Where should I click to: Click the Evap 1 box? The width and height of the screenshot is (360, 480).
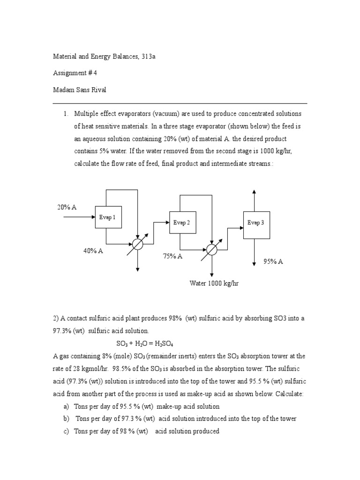click(x=108, y=217)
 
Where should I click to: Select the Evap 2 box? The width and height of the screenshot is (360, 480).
click(x=182, y=223)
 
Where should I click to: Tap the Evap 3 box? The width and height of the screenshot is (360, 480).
click(x=256, y=223)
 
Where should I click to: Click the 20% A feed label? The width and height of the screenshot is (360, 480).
click(x=67, y=207)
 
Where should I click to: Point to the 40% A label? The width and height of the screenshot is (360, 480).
click(x=93, y=251)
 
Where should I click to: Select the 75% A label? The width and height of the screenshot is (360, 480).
click(x=172, y=256)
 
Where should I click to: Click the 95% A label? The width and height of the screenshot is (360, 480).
click(x=273, y=262)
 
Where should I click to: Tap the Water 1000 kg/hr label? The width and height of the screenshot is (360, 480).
click(x=214, y=284)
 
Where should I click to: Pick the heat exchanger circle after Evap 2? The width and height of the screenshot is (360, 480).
click(x=212, y=250)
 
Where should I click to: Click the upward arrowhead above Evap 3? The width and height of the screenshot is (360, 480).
click(x=254, y=192)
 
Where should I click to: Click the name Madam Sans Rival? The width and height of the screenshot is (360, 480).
click(x=79, y=90)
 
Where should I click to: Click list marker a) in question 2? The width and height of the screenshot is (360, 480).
click(x=66, y=406)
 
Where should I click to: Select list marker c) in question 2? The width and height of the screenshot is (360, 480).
click(x=66, y=431)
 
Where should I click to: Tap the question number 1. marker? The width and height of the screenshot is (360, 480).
click(x=66, y=114)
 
